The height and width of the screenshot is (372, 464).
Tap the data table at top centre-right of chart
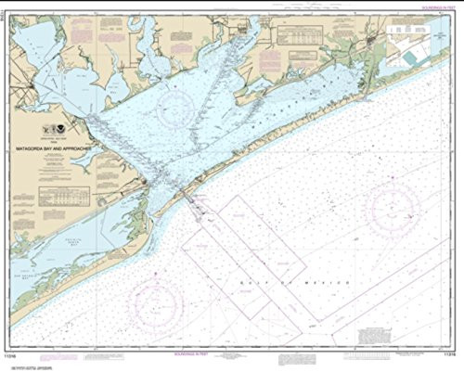[x=301, y=36]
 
